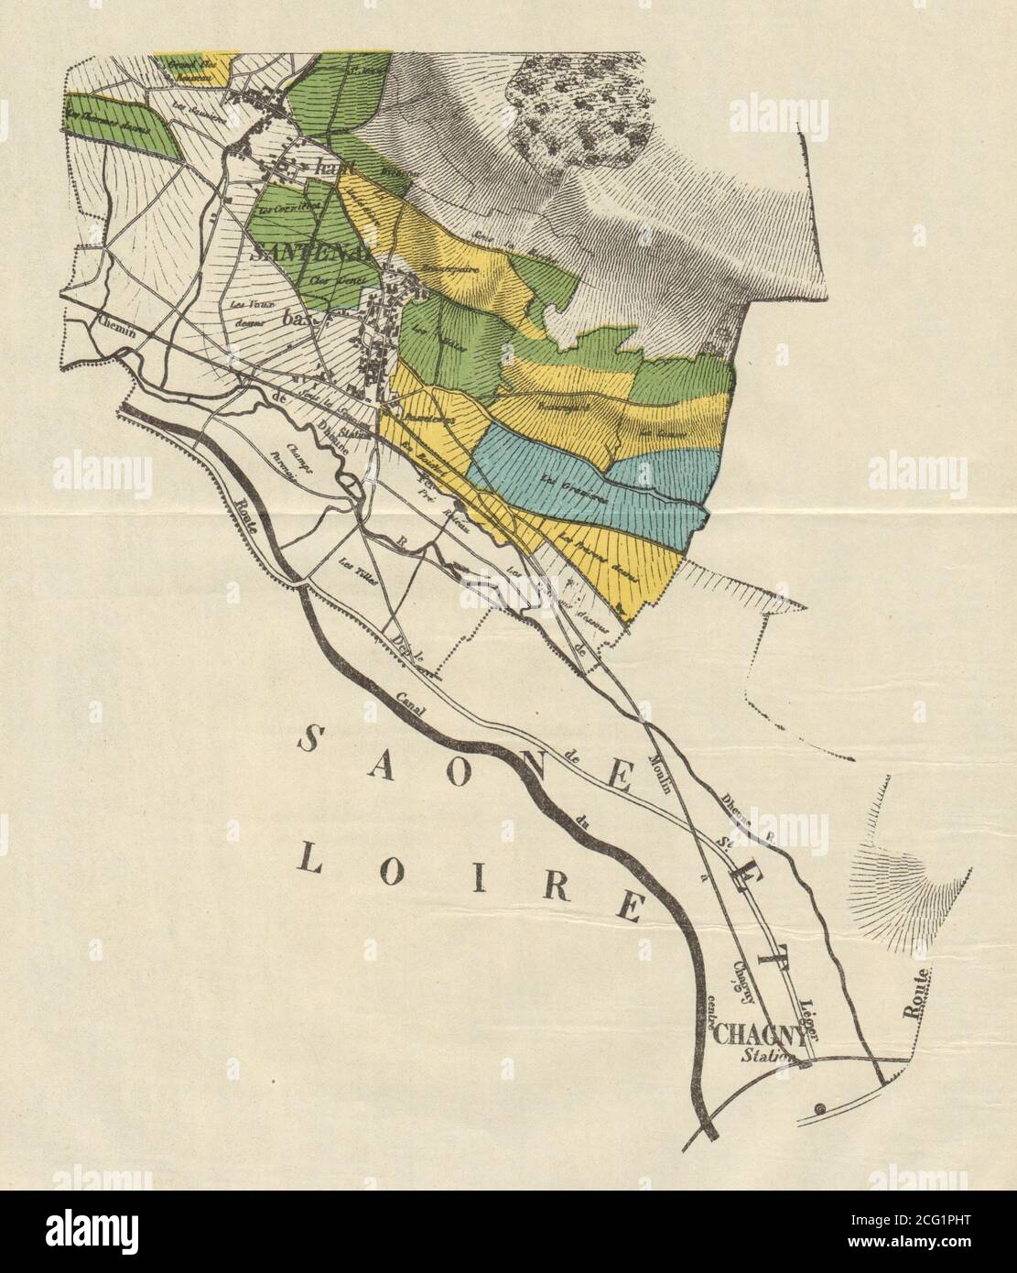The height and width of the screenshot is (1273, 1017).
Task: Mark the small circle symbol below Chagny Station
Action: coord(820,1108)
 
